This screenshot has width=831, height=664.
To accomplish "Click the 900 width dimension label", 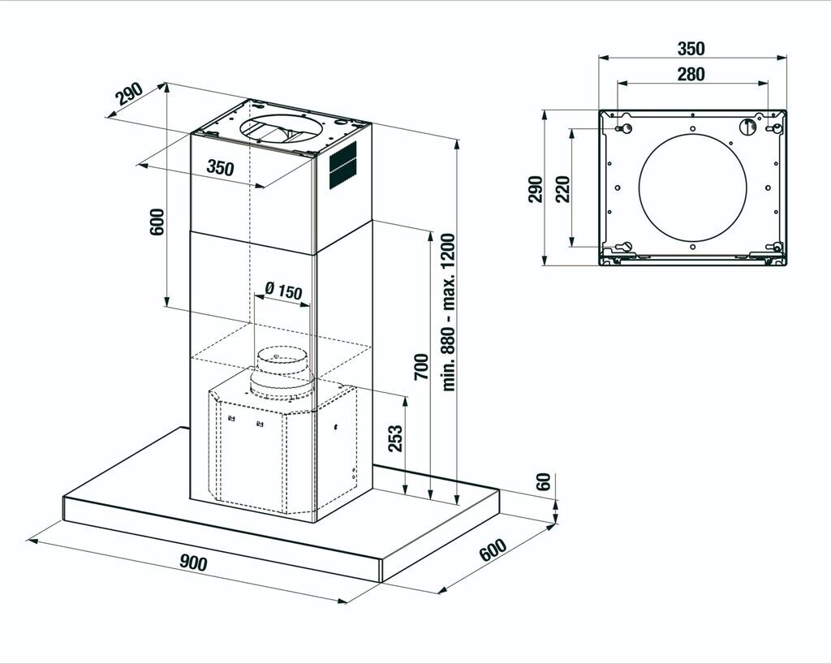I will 193,562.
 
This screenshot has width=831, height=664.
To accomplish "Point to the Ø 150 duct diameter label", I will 283,291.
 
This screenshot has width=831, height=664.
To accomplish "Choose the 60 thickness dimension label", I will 544,481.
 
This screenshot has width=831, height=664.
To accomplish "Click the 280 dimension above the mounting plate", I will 691,74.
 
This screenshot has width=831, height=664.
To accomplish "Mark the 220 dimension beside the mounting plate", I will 562,188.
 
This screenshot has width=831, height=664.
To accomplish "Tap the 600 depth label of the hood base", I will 493,550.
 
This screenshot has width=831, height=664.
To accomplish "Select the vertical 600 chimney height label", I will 157,222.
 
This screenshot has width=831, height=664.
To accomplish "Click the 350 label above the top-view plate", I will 691,49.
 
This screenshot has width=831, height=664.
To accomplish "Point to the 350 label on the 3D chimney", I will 220,168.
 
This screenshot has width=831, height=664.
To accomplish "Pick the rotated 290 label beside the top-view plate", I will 535,188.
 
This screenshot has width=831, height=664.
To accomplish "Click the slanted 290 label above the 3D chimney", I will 128,94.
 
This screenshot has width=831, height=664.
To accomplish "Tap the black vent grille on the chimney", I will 342,166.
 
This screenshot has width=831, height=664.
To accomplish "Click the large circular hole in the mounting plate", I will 692,188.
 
